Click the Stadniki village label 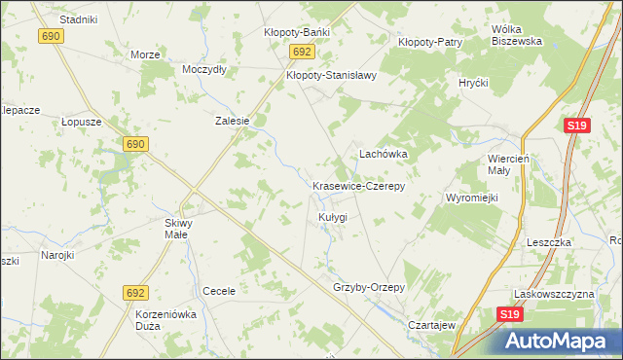(x=78, y=18)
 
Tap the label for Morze (x=145, y=54)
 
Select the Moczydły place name (x=204, y=70)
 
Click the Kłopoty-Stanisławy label (x=331, y=74)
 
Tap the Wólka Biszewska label (x=516, y=35)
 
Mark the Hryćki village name (x=473, y=83)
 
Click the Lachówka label (x=384, y=154)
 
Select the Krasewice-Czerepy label (x=358, y=185)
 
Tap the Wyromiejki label (x=472, y=198)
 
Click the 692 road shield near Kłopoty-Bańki (x=301, y=53)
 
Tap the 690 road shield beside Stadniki (x=52, y=36)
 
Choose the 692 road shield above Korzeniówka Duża (x=135, y=292)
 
